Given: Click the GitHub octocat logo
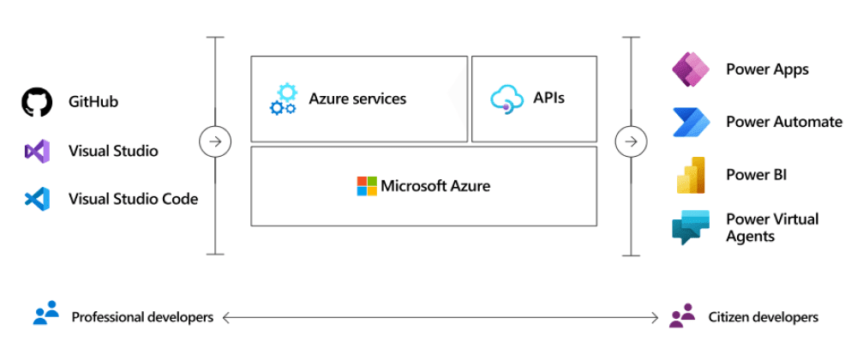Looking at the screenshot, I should (37, 102).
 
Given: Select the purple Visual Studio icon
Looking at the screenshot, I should (37, 152).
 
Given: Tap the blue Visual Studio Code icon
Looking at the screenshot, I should (37, 200).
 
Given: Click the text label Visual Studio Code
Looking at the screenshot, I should (133, 199).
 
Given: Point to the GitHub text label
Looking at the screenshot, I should (93, 102).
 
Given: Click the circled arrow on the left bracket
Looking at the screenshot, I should (214, 141).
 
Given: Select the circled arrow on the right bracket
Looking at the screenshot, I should (632, 141).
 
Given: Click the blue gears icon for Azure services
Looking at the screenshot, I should (283, 99).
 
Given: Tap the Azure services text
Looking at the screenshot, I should (357, 99).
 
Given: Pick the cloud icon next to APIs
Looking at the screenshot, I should (506, 99).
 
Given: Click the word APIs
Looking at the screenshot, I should (549, 98).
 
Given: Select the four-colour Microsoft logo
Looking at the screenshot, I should (367, 186).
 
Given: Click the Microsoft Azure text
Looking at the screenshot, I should (435, 186).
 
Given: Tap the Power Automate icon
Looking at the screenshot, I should (691, 122).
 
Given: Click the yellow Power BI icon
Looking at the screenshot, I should (691, 175).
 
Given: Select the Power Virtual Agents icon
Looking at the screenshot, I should (691, 227).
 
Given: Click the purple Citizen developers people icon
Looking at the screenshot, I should (682, 316).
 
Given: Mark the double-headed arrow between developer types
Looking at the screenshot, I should (441, 317).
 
